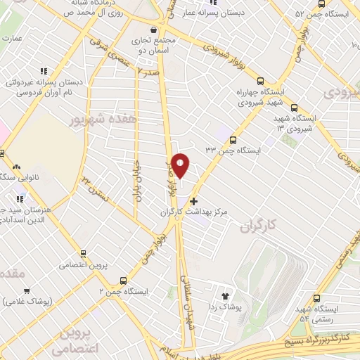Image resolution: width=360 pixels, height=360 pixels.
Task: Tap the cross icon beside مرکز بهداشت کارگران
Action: (x=194, y=201)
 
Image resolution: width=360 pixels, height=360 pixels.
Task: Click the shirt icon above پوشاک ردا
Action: (x=226, y=297)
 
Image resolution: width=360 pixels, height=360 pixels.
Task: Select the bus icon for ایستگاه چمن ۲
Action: (x=124, y=279)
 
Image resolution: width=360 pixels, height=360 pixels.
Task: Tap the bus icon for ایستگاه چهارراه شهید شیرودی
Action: (x=262, y=81)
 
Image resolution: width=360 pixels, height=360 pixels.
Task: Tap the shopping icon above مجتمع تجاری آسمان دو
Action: (x=153, y=30)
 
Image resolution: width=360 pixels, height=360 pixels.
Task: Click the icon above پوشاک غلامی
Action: (x=27, y=290)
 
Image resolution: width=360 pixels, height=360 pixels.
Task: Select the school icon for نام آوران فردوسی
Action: (x=43, y=71)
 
